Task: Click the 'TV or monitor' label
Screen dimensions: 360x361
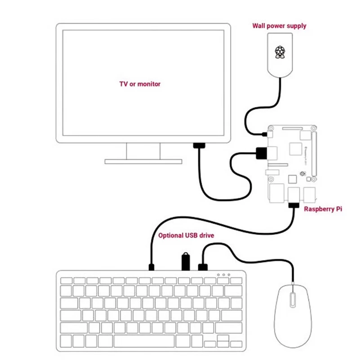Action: (139, 84)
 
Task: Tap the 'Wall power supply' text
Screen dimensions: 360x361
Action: (279, 26)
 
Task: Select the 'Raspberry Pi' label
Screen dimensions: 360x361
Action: (322, 209)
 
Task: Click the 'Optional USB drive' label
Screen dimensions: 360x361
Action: (186, 235)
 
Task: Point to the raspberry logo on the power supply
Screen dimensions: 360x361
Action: (281, 52)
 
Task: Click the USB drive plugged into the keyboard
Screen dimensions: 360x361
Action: (185, 261)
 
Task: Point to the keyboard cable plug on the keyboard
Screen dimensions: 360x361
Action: (152, 267)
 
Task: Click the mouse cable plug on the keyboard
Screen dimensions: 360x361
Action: (203, 267)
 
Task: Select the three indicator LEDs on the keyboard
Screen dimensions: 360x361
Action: (223, 274)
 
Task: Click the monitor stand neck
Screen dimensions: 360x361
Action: (143, 151)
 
